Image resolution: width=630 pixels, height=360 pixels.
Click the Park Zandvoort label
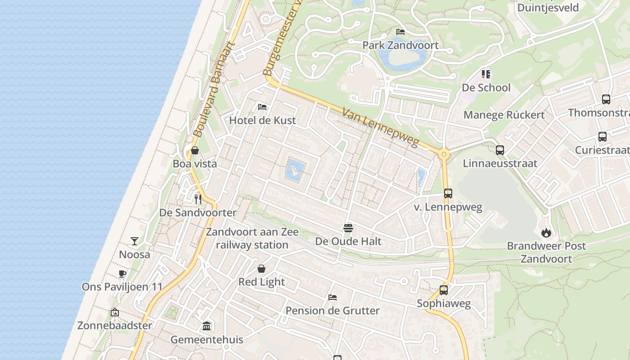pyautogui.click(x=400, y=45)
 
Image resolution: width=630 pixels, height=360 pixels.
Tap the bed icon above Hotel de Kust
pyautogui.click(x=262, y=107)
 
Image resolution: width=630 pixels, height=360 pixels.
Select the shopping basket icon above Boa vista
pyautogui.click(x=195, y=150)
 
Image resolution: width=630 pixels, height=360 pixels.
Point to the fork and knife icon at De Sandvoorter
pyautogui.click(x=198, y=199)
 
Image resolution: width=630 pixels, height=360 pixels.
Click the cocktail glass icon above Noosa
pyautogui.click(x=135, y=241)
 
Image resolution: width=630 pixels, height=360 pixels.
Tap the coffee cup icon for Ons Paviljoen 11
pyautogui.click(x=122, y=274)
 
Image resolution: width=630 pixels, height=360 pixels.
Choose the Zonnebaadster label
pyautogui.click(x=115, y=325)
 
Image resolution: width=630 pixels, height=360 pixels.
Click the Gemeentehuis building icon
pyautogui.click(x=207, y=326)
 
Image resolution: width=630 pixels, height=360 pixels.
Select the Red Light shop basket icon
pyautogui.click(x=261, y=269)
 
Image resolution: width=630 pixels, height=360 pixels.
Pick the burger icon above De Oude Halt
pyautogui.click(x=348, y=228)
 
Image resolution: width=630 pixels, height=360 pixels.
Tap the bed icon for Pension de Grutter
pyautogui.click(x=333, y=297)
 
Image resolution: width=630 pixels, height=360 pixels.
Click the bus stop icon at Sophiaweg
pyautogui.click(x=444, y=290)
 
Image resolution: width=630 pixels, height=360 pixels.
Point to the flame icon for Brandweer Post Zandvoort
pyautogui.click(x=546, y=233)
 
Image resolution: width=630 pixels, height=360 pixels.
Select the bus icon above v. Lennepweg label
pyautogui.click(x=448, y=193)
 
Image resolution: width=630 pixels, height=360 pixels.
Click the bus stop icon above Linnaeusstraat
pyautogui.click(x=500, y=150)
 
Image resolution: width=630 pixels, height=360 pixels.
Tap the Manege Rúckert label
pyautogui.click(x=504, y=115)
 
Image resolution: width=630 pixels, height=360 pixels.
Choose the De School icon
pyautogui.click(x=486, y=74)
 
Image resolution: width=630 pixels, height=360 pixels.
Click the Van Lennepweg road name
pyautogui.click(x=380, y=127)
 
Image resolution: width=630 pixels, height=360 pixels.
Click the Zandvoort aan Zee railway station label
pyautogui.click(x=252, y=238)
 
